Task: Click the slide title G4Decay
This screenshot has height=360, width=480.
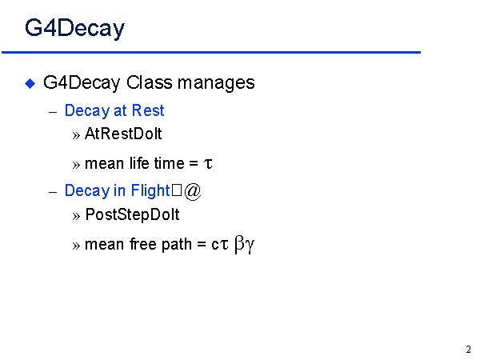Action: click(x=74, y=29)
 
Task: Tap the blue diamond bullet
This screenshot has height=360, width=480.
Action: click(x=30, y=83)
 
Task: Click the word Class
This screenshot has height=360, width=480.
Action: click(x=150, y=82)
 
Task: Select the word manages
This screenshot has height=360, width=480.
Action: click(x=216, y=83)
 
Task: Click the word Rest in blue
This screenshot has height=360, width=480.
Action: click(x=148, y=110)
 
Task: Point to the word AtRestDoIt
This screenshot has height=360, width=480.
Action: click(x=123, y=134)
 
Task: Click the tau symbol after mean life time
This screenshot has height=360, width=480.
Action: click(x=208, y=163)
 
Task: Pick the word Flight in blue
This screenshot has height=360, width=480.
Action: click(x=150, y=190)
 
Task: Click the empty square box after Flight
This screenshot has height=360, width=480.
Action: click(x=177, y=190)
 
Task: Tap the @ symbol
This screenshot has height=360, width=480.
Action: click(x=193, y=191)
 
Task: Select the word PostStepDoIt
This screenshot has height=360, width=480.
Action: click(x=132, y=214)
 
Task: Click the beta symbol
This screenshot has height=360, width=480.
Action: click(x=239, y=244)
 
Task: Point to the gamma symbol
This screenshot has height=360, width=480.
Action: click(x=250, y=246)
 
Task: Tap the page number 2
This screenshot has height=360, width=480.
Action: click(x=468, y=350)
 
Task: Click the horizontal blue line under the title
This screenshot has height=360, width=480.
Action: click(x=211, y=52)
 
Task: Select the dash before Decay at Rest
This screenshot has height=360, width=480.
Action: click(x=53, y=112)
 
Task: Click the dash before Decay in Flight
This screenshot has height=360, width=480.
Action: click(x=53, y=193)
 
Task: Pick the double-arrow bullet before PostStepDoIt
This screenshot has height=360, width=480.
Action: click(x=76, y=217)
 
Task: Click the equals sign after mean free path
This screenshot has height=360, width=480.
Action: click(x=201, y=245)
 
